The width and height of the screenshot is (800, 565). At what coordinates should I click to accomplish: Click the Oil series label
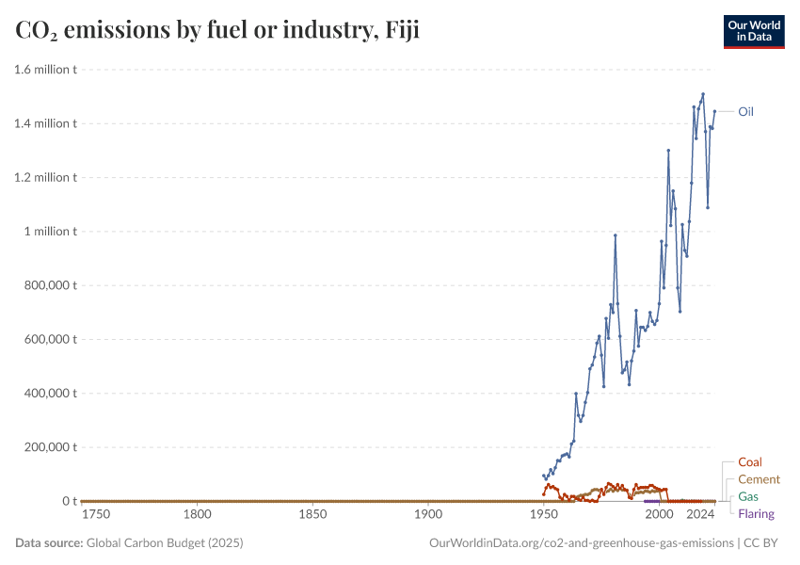(745, 111)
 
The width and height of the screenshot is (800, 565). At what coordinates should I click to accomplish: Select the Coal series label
(750, 462)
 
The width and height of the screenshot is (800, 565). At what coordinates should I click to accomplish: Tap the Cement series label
(759, 479)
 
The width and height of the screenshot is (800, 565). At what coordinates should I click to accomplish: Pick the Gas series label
(748, 496)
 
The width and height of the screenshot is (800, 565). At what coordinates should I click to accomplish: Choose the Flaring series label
(757, 513)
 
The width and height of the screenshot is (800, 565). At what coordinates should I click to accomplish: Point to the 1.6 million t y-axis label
(45, 69)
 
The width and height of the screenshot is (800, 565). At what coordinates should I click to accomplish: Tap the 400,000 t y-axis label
(48, 394)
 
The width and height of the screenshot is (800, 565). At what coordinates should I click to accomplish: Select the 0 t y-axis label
(68, 502)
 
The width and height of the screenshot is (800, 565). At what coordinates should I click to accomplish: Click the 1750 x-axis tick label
(96, 515)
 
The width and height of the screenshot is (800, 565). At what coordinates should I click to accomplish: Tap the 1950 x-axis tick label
(544, 515)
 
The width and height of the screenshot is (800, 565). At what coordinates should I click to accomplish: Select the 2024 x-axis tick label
(700, 515)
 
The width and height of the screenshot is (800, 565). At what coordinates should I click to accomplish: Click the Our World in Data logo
(753, 31)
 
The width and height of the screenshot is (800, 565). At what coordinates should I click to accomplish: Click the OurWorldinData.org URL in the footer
(581, 543)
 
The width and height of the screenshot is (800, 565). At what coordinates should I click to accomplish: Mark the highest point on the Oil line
(703, 94)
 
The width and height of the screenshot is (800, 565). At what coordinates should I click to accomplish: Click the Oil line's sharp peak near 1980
(616, 235)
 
